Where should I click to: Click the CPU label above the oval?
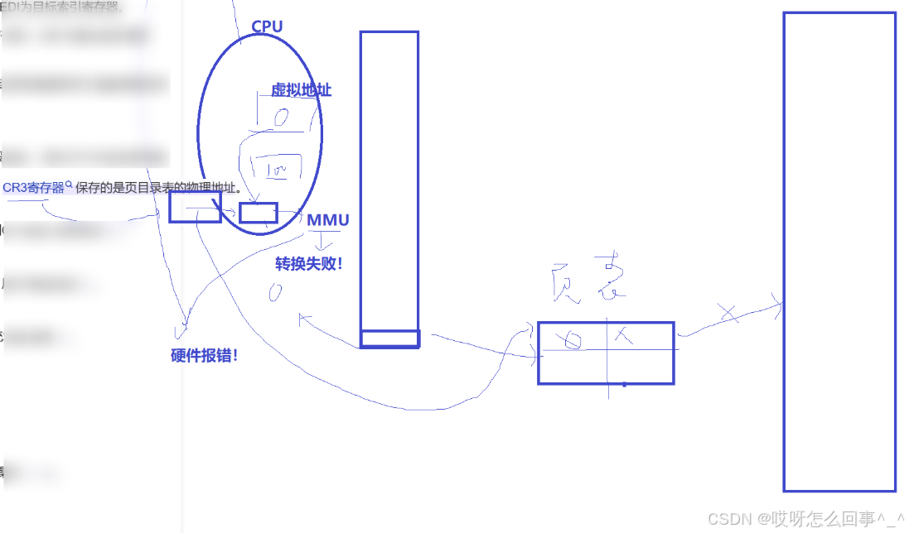267,26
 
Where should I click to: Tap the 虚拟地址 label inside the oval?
301,90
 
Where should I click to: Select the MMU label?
328,220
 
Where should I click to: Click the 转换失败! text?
308,264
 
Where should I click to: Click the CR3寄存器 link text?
33,188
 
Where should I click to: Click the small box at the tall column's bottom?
389,339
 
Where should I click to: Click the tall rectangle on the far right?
839,252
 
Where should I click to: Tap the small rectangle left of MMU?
259,213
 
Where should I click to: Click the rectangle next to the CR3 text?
195,207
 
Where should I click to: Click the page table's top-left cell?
573,336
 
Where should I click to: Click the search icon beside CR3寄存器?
69,185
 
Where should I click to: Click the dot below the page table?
624,385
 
